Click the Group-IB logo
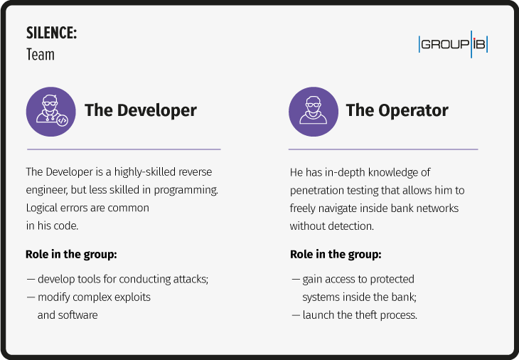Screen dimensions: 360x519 pyautogui.click(x=453, y=44)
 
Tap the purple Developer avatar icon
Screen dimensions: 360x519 pyautogui.click(x=50, y=111)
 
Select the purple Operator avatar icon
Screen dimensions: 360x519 pyautogui.click(x=314, y=111)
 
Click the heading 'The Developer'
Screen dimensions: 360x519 pyautogui.click(x=141, y=110)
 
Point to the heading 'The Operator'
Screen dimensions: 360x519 pyautogui.click(x=397, y=110)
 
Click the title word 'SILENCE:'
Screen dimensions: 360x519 pyautogui.click(x=51, y=33)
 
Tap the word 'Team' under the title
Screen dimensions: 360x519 pyautogui.click(x=40, y=54)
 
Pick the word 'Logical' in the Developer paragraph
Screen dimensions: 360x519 pyautogui.click(x=43, y=208)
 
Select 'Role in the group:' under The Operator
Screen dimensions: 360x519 pyautogui.click(x=335, y=254)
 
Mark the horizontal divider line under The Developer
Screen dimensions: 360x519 pyautogui.click(x=123, y=149)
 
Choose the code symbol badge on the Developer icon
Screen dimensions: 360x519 pyautogui.click(x=63, y=121)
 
